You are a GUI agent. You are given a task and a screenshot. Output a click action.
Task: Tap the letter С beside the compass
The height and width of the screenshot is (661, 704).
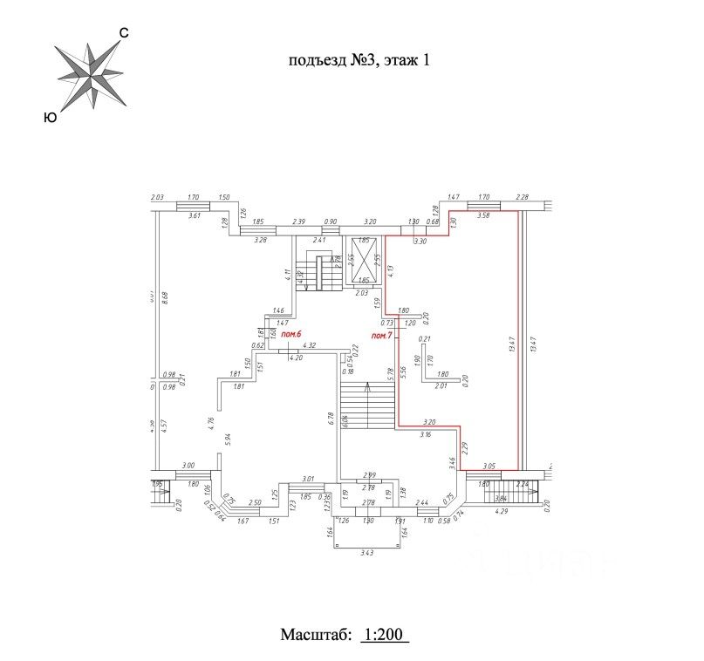tap(124, 33)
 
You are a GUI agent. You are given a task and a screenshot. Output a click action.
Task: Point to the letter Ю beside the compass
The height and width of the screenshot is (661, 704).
tap(50, 117)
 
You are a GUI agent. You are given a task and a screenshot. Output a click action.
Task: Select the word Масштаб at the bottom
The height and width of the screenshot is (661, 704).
tap(316, 634)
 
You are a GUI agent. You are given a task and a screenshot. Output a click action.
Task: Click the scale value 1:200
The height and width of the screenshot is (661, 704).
tap(384, 634)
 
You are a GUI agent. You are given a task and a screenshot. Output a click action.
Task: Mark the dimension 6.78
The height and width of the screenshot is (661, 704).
tap(332, 417)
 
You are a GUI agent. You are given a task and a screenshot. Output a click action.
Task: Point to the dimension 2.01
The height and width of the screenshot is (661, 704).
tap(441, 385)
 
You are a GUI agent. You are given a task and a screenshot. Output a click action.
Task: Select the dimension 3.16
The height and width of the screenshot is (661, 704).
tap(427, 433)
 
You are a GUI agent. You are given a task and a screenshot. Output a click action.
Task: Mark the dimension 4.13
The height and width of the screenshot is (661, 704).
tap(392, 270)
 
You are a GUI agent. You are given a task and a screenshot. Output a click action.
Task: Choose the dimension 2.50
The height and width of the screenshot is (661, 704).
tap(255, 502)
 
